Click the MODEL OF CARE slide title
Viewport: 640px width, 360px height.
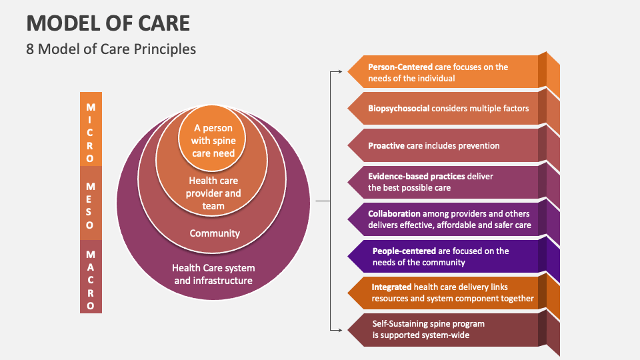pos(108,23)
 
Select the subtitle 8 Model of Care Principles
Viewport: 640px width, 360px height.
pos(111,49)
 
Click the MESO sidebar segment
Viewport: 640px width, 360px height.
pos(91,203)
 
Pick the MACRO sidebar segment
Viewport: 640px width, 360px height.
pos(91,277)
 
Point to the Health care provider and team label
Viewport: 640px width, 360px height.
pos(214,193)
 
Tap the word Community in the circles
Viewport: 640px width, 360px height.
pos(214,233)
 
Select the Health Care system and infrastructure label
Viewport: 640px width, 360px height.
pos(213,274)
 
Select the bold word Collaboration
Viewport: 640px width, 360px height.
pos(394,214)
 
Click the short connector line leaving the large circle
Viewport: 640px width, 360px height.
pos(322,200)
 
